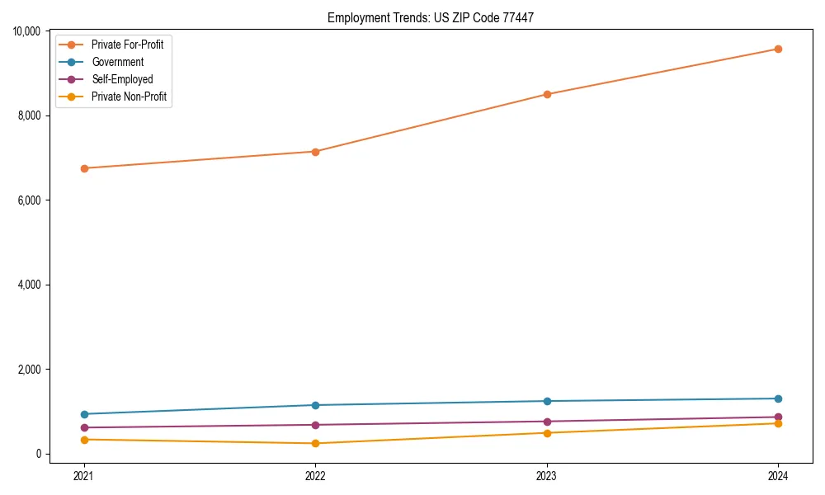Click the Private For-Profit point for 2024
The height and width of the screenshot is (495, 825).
pos(778,49)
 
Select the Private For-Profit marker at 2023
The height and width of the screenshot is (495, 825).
pos(546,94)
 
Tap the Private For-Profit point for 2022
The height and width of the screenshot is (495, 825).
pos(315,152)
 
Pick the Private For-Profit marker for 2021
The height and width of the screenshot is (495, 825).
pos(83,168)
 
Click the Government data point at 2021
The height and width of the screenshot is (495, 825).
pos(83,414)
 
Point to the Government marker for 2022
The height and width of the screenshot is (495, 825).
pos(315,405)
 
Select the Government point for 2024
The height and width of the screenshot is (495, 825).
pos(778,398)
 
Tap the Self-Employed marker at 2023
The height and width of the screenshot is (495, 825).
pos(546,422)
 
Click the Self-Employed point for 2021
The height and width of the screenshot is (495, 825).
pos(83,427)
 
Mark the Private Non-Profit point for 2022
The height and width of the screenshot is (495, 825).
pos(315,444)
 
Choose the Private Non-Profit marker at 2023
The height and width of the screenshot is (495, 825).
pos(546,433)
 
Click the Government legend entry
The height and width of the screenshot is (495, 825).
pos(117,62)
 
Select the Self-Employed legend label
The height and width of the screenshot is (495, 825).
pos(122,79)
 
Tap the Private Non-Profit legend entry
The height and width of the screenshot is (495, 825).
pos(129,97)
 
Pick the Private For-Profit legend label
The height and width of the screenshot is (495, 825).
pos(127,45)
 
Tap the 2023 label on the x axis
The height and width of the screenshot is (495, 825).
pos(546,476)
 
